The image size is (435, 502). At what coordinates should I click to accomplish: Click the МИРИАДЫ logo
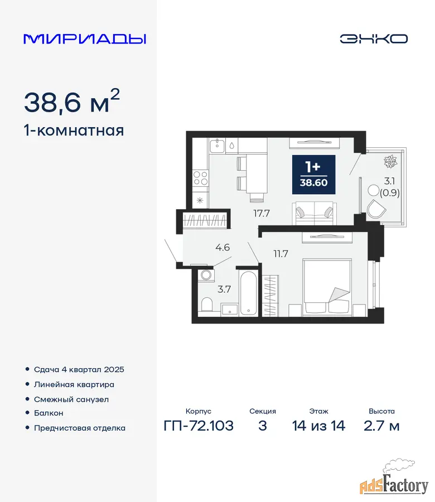coord(85,38)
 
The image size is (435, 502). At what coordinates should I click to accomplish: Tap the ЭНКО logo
coord(374,38)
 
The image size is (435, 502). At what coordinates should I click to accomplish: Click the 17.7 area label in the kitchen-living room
coord(262,213)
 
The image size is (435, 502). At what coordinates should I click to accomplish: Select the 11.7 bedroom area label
coord(281,254)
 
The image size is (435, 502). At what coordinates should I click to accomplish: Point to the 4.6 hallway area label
coord(223,248)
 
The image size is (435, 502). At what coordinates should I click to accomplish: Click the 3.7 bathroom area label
coord(224,289)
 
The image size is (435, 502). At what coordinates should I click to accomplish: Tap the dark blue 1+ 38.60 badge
coord(313,175)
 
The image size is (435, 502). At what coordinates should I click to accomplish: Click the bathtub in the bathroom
coord(248,293)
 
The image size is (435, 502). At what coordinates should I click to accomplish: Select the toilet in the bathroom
coord(207,304)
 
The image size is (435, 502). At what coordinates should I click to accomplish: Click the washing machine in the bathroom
coord(206,275)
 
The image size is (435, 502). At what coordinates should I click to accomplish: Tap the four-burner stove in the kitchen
coord(201,178)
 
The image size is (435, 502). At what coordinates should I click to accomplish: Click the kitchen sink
coord(217,146)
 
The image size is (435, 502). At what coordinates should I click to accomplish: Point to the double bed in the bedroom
coord(327,287)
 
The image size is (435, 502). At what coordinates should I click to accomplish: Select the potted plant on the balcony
coord(390,162)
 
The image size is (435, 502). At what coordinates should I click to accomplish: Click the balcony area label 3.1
coord(389,181)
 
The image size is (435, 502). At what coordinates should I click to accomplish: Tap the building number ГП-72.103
coord(199,426)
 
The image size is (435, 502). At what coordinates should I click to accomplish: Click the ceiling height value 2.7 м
coord(381,426)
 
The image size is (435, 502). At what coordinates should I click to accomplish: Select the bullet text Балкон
coord(49,413)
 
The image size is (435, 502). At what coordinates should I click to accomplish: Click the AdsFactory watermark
coord(394,482)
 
